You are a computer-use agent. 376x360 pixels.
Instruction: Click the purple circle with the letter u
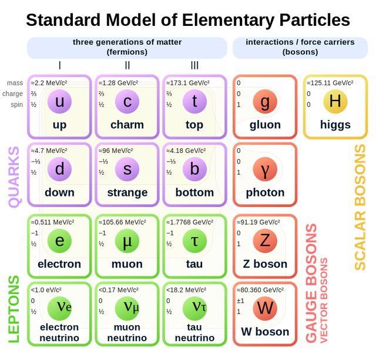59,102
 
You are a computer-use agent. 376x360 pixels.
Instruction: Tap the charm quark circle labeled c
127,102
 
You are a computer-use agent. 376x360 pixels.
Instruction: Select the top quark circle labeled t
194,102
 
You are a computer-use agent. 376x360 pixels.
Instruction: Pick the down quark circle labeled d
59,170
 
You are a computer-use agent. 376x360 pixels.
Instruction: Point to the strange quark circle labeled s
127,170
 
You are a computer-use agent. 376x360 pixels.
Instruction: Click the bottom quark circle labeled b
194,170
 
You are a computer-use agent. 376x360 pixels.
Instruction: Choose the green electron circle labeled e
59,241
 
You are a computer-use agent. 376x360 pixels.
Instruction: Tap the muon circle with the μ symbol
127,241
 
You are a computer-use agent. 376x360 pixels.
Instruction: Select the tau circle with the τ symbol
194,241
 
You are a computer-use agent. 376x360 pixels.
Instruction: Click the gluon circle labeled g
265,102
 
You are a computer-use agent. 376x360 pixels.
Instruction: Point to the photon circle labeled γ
265,170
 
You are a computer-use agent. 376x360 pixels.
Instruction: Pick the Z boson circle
265,241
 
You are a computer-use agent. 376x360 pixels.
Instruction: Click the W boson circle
265,308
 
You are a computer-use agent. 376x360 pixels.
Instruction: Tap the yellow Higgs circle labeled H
335,102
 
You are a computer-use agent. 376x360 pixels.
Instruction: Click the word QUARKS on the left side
14,176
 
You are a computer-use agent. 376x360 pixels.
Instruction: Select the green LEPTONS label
14,308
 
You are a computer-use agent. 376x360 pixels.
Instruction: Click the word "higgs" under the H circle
335,125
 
